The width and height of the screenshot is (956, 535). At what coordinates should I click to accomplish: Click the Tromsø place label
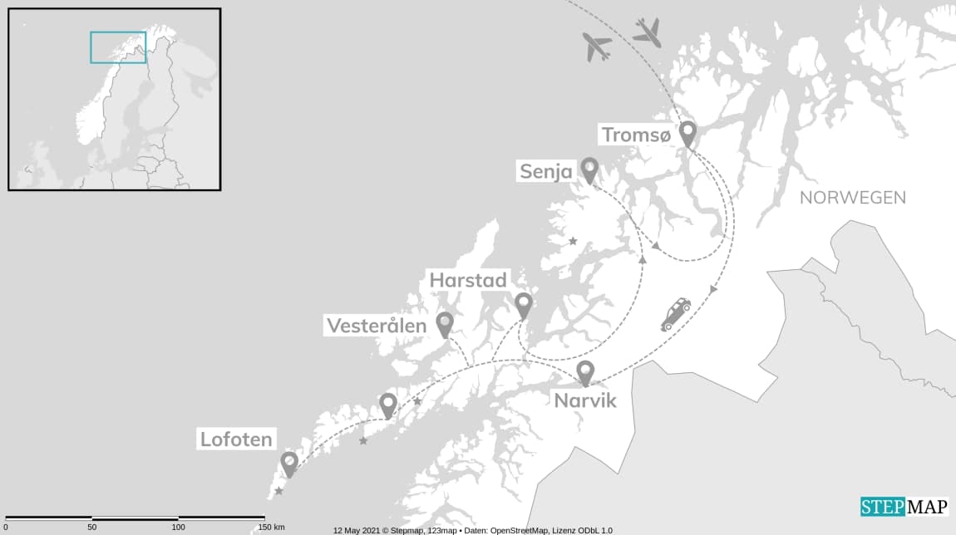coord(635,135)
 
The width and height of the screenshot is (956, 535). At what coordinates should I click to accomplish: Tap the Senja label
coord(546,172)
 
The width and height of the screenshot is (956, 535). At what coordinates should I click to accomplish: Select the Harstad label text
coord(467,281)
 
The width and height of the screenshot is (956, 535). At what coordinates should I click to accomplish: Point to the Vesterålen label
coord(376,326)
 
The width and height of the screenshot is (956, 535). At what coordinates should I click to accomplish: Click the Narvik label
coord(585,400)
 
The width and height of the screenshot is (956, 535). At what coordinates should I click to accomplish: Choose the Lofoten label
coord(236,439)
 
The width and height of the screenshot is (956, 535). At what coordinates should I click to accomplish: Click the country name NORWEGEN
coord(852,198)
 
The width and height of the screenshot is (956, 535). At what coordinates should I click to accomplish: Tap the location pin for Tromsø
coord(687,133)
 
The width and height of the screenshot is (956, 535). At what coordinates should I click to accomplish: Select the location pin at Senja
coord(589,169)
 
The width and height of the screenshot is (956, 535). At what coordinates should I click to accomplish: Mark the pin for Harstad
coord(523,304)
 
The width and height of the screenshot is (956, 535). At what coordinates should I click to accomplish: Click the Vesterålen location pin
coord(445,323)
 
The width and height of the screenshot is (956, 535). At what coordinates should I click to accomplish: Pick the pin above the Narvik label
coord(585,372)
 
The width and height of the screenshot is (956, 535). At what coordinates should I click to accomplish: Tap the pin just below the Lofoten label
coord(289,463)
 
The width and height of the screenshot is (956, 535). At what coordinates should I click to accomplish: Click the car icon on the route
coord(675,315)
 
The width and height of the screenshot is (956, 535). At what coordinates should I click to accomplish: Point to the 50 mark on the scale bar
coord(91,528)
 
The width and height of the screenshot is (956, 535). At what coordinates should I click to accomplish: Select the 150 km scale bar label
coord(270,528)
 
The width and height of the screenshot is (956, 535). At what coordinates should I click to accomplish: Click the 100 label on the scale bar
coord(178,528)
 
